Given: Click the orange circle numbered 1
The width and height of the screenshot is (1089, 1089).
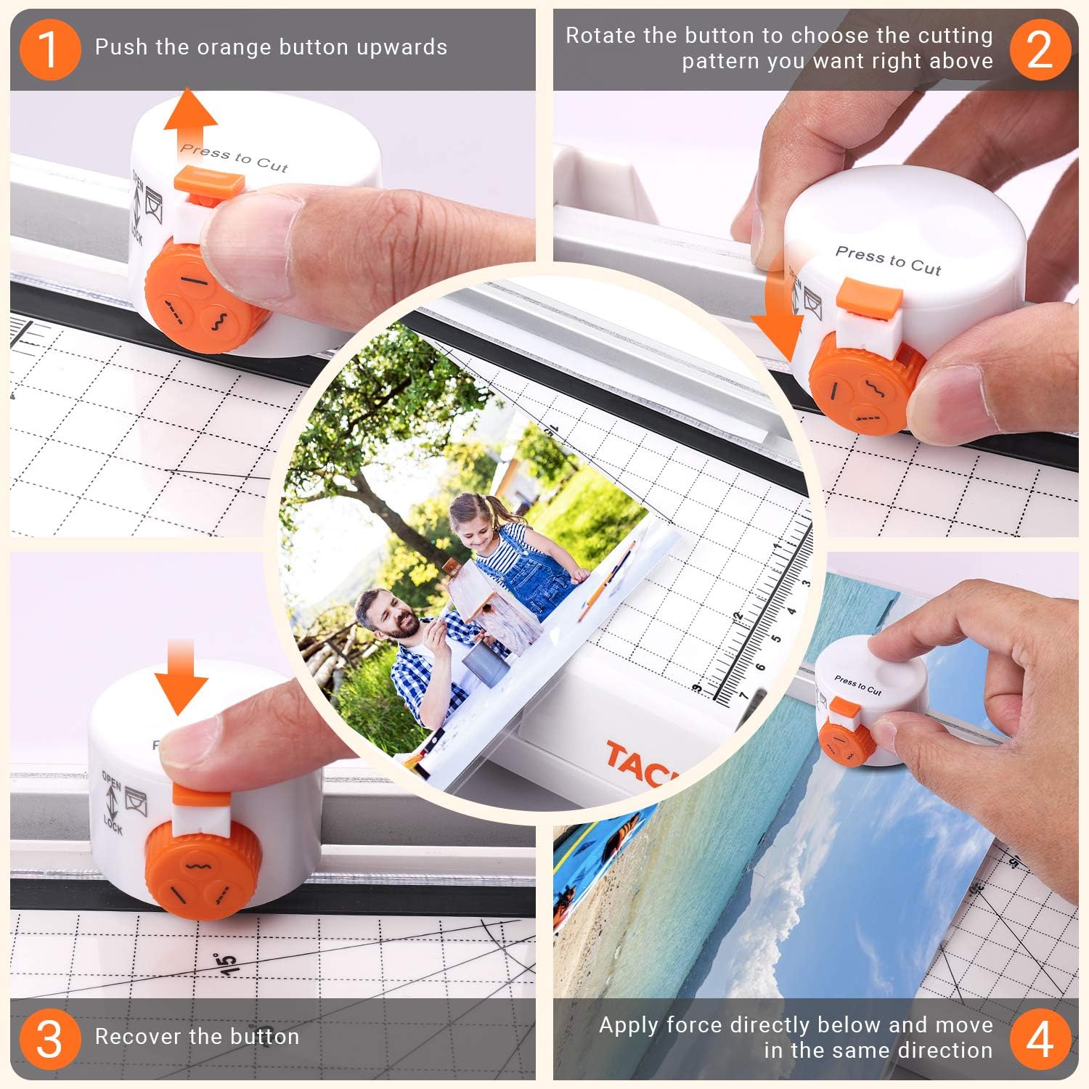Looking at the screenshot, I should [x=49, y=49].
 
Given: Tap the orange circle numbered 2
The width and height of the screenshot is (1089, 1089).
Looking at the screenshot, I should [x=1040, y=49].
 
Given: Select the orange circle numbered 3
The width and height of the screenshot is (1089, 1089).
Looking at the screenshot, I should [x=49, y=1039].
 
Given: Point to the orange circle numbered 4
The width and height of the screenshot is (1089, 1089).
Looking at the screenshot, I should [x=1040, y=1039].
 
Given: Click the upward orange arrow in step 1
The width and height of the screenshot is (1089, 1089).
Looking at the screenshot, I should [x=190, y=120].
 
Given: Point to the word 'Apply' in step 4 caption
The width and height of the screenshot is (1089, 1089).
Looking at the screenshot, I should [x=629, y=1025].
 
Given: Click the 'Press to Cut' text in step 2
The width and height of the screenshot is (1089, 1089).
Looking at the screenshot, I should [x=888, y=261].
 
